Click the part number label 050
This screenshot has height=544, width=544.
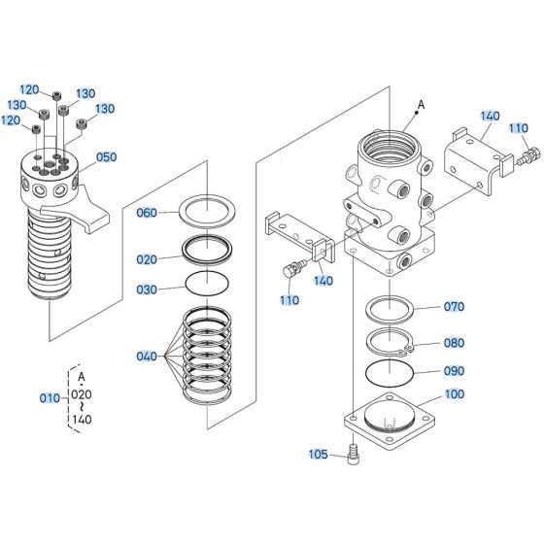tap(106, 157)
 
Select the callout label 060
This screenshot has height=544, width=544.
tap(147, 213)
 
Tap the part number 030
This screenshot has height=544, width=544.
tap(147, 289)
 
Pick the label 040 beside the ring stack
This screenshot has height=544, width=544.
tap(147, 357)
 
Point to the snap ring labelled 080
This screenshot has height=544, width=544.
tap(391, 343)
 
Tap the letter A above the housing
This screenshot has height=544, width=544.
tap(421, 103)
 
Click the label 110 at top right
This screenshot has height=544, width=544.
tap(519, 127)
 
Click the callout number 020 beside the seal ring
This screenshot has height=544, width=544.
tap(147, 259)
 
